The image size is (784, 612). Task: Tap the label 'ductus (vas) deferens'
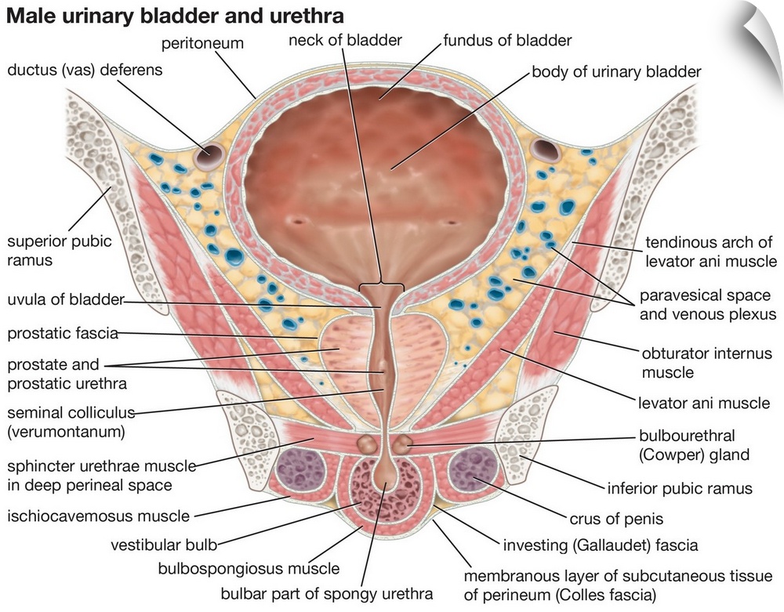point(85,71)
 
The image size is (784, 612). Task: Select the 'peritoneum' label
point(203,43)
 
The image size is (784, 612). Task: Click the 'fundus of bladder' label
point(507,39)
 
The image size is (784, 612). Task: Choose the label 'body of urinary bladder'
point(616,72)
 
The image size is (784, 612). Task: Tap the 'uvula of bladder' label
point(66,300)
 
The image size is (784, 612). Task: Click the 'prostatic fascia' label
point(63,334)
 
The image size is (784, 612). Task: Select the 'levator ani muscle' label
point(705,403)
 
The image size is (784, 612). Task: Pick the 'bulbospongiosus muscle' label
point(249,568)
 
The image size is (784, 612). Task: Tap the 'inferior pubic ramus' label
point(680,488)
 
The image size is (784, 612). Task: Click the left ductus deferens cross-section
point(209,157)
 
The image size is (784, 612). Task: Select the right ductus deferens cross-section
point(543,147)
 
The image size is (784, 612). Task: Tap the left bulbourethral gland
point(366,444)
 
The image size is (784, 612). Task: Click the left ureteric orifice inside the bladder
point(299,222)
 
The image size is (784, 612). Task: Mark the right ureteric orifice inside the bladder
point(452,222)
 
